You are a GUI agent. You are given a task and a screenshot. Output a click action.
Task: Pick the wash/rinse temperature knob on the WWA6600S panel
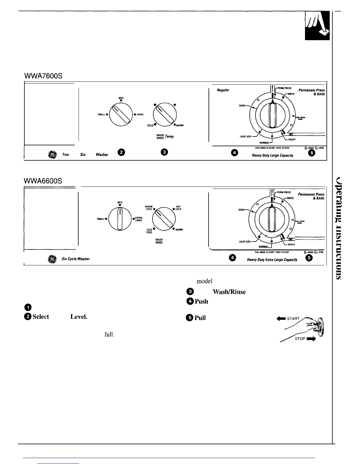[x=164, y=219]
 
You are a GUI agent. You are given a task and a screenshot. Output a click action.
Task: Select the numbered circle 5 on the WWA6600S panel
[x=309, y=258]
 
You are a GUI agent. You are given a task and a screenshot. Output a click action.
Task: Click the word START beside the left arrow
[x=293, y=319]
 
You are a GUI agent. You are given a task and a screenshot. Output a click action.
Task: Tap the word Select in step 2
[x=41, y=317]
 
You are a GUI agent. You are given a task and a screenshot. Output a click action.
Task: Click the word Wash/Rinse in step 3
[x=229, y=292]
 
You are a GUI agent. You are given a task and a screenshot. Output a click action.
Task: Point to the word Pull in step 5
[x=200, y=318]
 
